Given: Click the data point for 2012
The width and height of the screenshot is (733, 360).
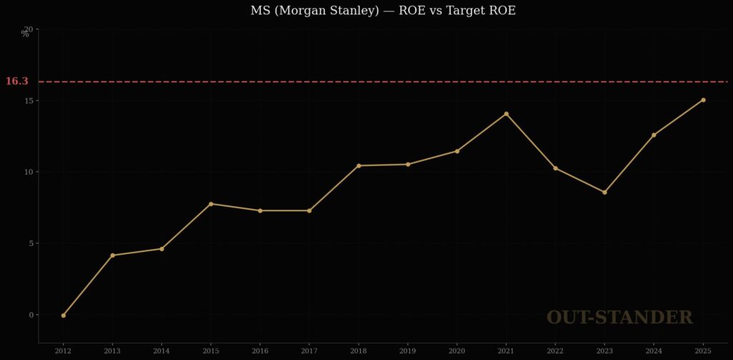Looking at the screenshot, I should pos(63,315).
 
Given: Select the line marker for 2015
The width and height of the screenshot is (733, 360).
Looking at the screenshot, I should pos(210,204).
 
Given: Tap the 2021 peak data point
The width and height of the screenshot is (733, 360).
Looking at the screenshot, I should pos(506,114).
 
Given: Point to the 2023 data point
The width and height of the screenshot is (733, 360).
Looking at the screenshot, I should pos(604,192).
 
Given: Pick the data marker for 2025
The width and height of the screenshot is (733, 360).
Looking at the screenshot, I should pos(703,100).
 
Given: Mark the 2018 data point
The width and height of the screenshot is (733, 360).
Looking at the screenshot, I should pos(359,165).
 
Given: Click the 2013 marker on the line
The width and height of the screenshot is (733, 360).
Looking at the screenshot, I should pos(112,256).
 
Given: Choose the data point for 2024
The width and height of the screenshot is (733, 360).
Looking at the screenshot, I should pos(654,135).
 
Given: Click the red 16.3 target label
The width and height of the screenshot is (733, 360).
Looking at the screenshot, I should pos(16,82).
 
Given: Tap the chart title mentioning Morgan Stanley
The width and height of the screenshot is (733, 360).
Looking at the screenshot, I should pos(383,11).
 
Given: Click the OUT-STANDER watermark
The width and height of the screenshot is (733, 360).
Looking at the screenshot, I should pos(619,318).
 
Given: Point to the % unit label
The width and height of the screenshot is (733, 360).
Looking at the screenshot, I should pos(25,34).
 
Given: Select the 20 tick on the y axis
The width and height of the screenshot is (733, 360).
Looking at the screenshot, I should pos(29,29).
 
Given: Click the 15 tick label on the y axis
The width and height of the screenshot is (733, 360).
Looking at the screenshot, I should pos(29,101).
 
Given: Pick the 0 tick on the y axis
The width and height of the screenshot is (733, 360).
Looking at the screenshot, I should pos(31,315).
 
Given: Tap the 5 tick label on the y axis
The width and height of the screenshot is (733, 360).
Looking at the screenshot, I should pos(31,243).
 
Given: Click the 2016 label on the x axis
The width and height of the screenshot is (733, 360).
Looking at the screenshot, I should pos(260,351).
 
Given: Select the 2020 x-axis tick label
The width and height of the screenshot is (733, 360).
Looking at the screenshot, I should pos(457,351).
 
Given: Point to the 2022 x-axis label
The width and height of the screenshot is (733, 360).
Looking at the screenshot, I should pos(555,351).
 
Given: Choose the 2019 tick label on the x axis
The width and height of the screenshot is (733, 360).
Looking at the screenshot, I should pos(407,351).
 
